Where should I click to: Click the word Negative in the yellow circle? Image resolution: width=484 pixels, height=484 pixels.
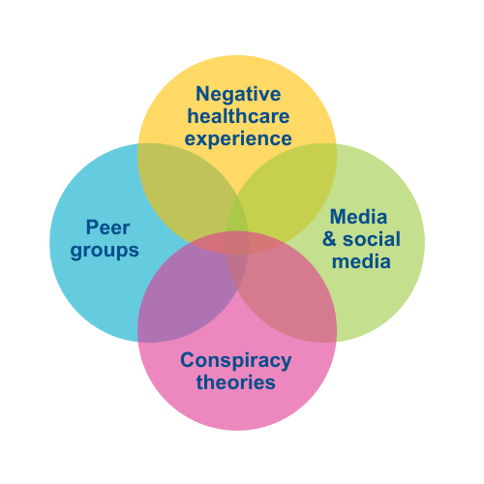(x=238, y=94)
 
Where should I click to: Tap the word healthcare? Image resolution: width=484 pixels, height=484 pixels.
(x=238, y=116)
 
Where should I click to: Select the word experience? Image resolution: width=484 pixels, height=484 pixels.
(x=238, y=138)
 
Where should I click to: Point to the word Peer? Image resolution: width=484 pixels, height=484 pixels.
(x=107, y=228)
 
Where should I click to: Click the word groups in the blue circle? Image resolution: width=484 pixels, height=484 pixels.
(x=107, y=250)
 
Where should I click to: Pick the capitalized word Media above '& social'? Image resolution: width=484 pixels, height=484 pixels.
(x=358, y=216)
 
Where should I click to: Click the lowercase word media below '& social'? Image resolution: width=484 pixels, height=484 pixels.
(x=358, y=260)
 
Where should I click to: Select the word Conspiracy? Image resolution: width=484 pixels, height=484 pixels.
(x=235, y=361)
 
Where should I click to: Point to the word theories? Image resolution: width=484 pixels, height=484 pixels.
(x=235, y=382)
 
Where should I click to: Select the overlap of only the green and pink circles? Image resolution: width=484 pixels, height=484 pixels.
(x=290, y=295)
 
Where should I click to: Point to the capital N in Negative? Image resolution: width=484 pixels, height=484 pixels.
(x=203, y=94)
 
